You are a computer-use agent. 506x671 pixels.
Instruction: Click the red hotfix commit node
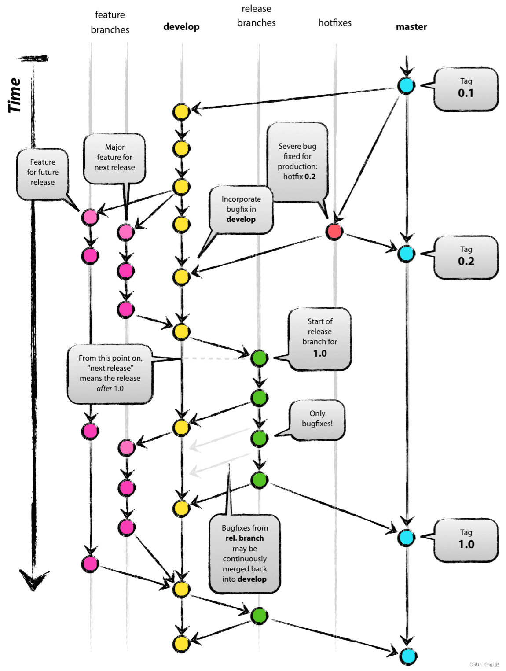tap(334, 231)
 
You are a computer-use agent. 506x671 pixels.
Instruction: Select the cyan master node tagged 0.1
tap(406, 85)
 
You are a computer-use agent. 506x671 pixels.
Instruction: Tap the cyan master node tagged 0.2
tap(406, 254)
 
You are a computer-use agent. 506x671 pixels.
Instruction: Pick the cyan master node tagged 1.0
tap(406, 537)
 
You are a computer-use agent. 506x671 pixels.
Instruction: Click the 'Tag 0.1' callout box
tap(466, 88)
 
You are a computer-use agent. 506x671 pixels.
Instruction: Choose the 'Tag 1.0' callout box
tap(466, 540)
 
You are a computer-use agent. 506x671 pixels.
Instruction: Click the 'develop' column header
tap(181, 27)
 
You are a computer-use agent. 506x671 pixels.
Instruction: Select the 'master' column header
tap(411, 27)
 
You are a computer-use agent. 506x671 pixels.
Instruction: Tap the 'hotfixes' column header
tap(335, 23)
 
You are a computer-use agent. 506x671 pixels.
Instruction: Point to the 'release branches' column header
tap(256, 16)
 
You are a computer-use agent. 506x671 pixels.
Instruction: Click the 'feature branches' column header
tap(110, 22)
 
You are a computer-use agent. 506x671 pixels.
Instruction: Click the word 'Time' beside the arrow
tap(15, 95)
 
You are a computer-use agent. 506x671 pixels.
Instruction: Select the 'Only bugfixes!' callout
tap(317, 419)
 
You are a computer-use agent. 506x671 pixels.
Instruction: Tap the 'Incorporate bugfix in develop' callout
tap(241, 210)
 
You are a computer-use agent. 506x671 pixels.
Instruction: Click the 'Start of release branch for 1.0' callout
tap(320, 338)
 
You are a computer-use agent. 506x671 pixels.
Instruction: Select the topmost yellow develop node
tap(181, 112)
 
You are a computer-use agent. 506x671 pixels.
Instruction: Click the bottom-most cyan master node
tap(408, 656)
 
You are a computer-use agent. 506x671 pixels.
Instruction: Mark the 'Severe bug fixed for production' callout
tap(298, 162)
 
